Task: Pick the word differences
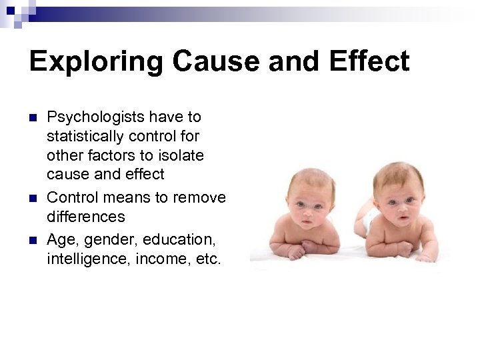pos(85,217)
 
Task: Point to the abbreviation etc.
pos(206,259)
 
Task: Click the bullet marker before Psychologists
pos(33,118)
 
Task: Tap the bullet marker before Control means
pos(33,198)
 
